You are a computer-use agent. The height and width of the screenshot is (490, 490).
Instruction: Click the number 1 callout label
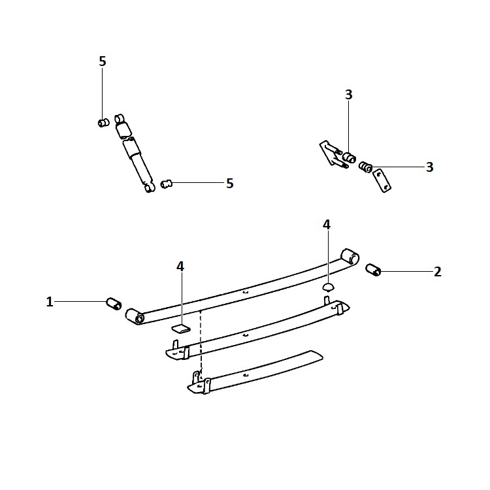coord(50,302)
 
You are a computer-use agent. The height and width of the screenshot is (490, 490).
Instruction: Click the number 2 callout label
coord(438,272)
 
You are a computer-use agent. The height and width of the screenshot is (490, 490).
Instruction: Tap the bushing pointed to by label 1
coord(114,304)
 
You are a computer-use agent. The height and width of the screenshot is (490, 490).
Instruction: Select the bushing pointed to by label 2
coord(374,270)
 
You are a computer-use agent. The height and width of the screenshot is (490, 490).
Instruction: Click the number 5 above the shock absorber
coord(103,61)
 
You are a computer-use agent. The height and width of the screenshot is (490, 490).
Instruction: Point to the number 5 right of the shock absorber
coord(230,184)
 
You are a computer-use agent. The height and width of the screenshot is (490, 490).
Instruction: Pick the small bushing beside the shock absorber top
coord(103,123)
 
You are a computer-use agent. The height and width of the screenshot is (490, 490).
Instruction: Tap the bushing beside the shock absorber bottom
coord(167,184)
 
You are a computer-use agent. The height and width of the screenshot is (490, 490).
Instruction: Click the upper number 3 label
coord(349,94)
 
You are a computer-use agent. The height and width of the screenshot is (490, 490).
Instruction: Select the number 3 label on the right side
coord(430,167)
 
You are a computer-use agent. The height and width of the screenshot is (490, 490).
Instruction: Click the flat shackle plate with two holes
coord(382,181)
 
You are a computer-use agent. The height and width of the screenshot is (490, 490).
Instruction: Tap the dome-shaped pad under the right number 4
coord(328,287)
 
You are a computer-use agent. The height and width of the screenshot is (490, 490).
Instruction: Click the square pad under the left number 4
coord(181,329)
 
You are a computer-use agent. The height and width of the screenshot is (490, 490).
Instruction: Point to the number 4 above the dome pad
coord(327,224)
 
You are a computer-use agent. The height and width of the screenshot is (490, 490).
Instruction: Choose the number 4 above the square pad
coord(180,267)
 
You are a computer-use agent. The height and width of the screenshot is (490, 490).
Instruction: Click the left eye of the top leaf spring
coord(135,317)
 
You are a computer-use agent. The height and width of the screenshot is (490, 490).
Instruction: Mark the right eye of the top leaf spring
coord(350,257)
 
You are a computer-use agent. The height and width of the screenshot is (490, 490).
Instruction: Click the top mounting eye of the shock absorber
coord(120,119)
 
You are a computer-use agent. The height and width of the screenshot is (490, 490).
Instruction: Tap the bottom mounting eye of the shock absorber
coord(150,188)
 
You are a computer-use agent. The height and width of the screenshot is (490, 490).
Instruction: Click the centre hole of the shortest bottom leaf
coord(246,375)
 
